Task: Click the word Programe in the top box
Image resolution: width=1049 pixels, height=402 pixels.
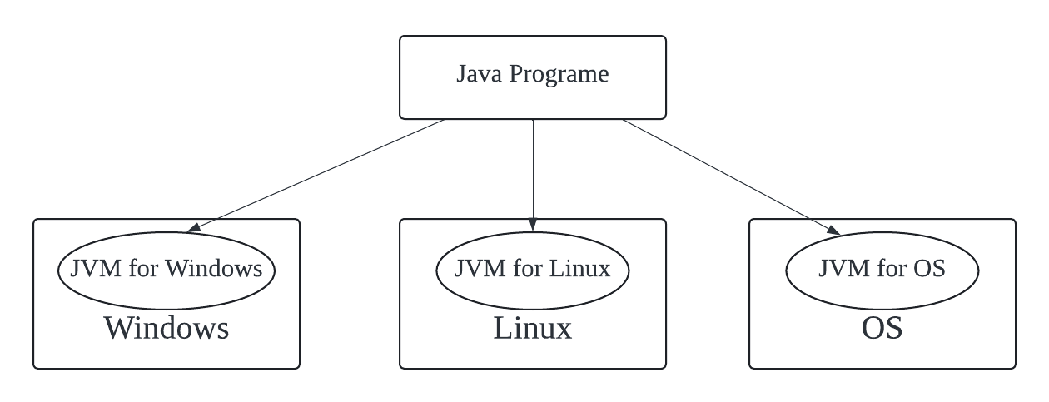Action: (559, 75)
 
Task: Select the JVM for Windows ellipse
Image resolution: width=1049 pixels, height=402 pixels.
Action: (167, 288)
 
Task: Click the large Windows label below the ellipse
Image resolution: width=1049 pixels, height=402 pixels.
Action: (167, 328)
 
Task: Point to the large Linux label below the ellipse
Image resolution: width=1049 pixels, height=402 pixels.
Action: (533, 328)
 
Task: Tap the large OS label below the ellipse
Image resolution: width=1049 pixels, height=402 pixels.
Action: (882, 328)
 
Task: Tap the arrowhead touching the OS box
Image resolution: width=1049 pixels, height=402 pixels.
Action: (833, 229)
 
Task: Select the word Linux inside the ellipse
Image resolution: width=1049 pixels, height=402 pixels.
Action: (579, 269)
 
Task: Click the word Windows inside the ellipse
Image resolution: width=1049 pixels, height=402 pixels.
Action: (214, 269)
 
